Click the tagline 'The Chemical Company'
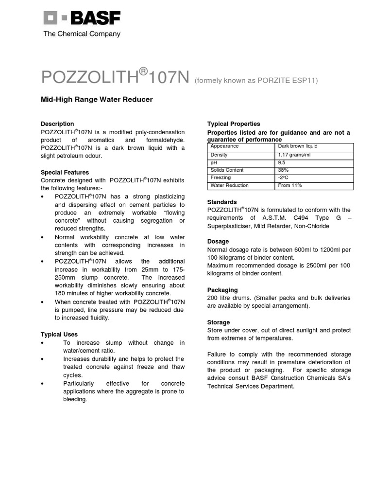(x=82, y=34)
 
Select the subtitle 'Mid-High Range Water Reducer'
(x=97, y=100)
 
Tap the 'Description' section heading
(x=57, y=124)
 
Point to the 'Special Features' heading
(x=65, y=172)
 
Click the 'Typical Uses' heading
(x=59, y=335)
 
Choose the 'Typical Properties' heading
(x=234, y=124)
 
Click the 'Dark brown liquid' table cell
(x=298, y=146)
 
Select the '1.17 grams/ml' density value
(x=294, y=155)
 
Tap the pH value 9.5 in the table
(x=282, y=162)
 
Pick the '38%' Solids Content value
(x=283, y=170)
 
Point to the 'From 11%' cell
(x=290, y=186)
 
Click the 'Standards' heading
(x=222, y=202)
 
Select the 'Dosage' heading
(x=218, y=242)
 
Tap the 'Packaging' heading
(x=222, y=290)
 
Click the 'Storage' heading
(x=219, y=322)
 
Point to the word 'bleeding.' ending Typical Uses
(x=75, y=399)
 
